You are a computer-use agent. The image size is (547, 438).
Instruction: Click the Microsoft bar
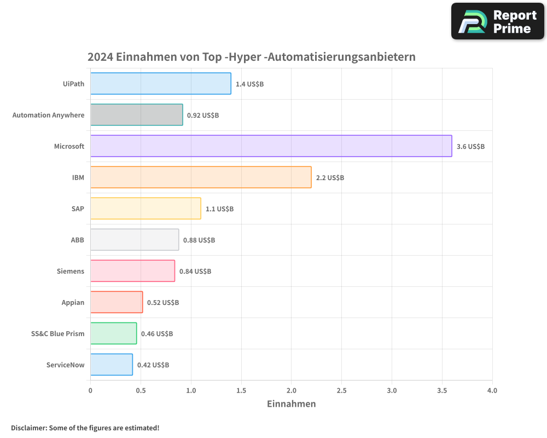coord(271,146)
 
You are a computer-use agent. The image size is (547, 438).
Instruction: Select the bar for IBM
coord(201,177)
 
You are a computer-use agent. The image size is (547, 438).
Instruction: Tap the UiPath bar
coord(160,84)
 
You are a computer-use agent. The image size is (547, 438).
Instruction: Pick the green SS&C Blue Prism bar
coord(113,333)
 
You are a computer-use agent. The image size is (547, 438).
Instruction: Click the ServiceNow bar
coord(111,365)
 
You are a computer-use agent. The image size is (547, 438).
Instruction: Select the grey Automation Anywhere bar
coord(136,115)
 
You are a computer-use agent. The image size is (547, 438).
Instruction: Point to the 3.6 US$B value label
coord(470,147)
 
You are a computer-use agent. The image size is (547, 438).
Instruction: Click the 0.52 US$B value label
coord(163,303)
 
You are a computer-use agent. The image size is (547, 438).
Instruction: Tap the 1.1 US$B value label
coord(219,209)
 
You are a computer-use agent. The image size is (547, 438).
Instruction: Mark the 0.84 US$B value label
coord(195,272)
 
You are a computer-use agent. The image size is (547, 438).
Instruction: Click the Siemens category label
coord(71,271)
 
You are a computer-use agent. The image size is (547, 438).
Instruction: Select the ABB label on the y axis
coord(77,240)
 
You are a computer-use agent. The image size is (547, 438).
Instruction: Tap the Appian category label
coord(73,302)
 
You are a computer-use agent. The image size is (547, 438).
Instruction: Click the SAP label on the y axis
coord(78,209)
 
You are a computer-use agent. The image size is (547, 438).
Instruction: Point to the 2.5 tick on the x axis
coord(341,390)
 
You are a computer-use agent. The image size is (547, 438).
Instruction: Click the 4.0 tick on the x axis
coord(492,390)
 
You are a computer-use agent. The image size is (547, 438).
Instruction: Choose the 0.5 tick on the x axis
coord(141,390)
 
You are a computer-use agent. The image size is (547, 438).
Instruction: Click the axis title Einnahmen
coord(291,404)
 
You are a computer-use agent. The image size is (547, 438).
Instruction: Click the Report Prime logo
coord(497,21)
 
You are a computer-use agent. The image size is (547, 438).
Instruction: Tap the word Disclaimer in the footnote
coord(28,428)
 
